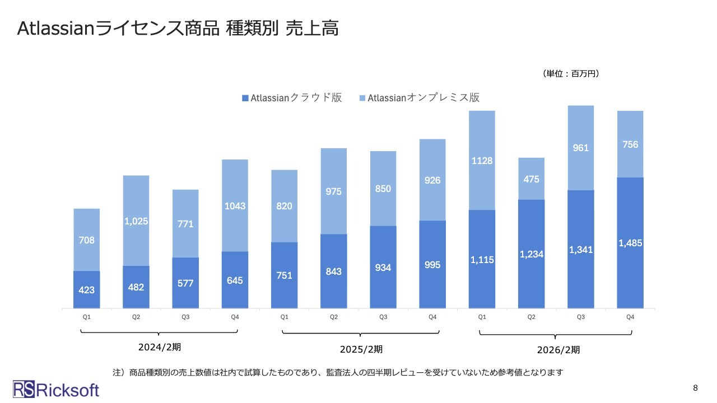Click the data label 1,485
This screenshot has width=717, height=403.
(x=630, y=243)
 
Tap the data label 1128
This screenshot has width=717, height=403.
(x=482, y=161)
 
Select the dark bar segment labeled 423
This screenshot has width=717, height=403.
(x=87, y=289)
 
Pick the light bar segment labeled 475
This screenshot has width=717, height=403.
(x=531, y=179)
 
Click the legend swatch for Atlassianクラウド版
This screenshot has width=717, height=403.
(x=245, y=99)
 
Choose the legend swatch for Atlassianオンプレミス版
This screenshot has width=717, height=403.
(x=362, y=99)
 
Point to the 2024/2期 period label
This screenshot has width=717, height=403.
(x=160, y=347)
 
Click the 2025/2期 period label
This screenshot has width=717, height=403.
(x=361, y=349)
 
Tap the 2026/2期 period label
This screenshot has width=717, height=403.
(x=558, y=350)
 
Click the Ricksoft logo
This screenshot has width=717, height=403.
(x=56, y=390)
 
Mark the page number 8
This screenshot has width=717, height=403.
(x=695, y=388)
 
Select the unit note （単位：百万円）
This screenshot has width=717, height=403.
(x=571, y=73)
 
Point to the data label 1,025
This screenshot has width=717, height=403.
(x=136, y=221)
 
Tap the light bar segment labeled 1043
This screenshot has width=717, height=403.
(x=235, y=205)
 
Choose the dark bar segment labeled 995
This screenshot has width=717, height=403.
(x=432, y=264)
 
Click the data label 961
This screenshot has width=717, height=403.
(x=581, y=148)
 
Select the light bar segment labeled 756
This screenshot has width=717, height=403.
(x=630, y=144)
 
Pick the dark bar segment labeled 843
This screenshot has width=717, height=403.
(x=334, y=271)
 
